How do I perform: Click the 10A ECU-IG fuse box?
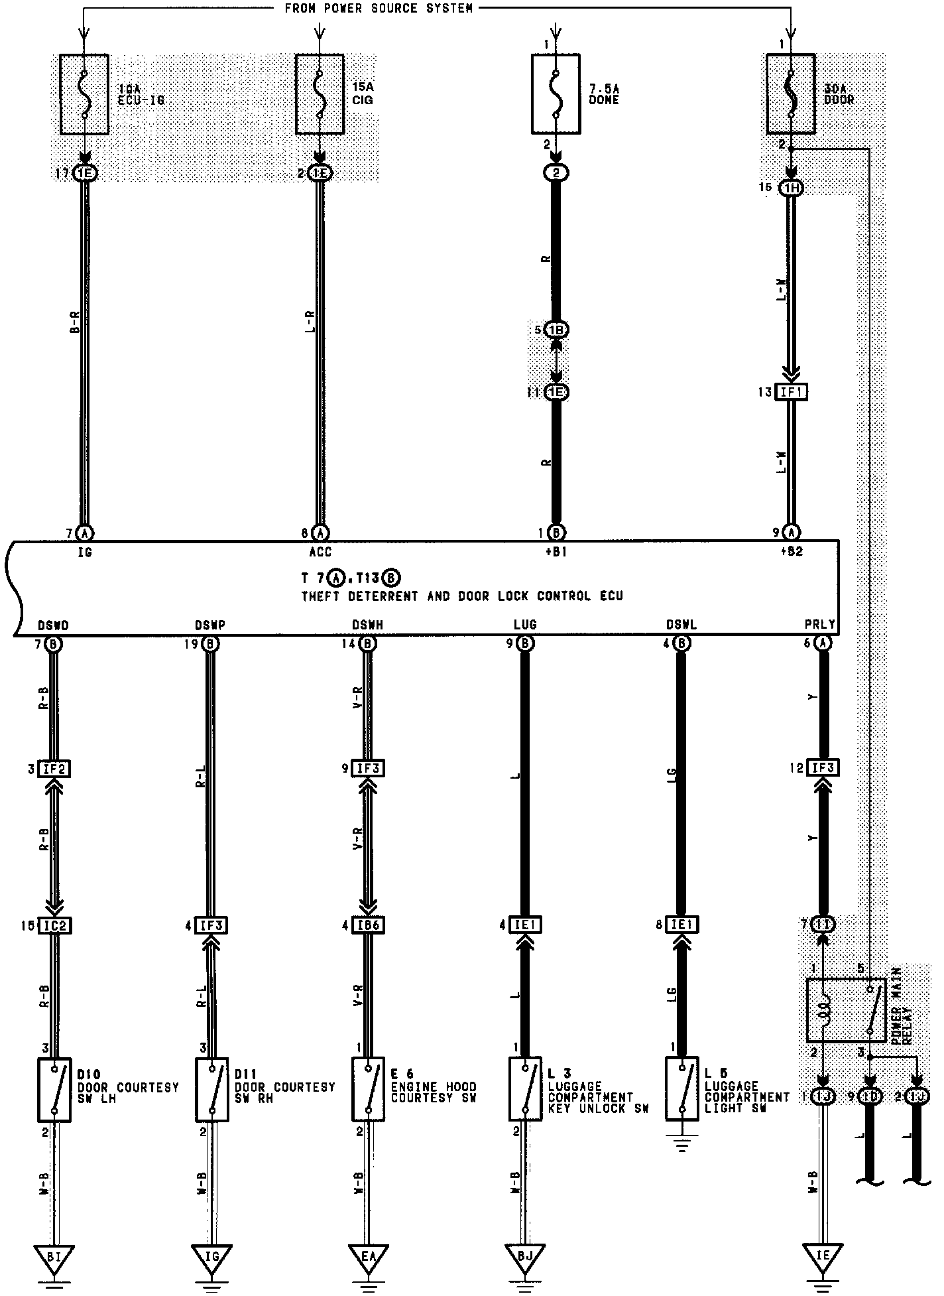(84, 94)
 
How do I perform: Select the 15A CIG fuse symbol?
(320, 94)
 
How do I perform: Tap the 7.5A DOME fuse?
(556, 94)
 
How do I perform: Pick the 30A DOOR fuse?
(791, 94)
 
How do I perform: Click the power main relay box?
(846, 1009)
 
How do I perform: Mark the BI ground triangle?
(54, 1256)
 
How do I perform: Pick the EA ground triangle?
(368, 1256)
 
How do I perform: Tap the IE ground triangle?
(823, 1256)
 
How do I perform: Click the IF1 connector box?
(792, 393)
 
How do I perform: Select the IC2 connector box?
(54, 925)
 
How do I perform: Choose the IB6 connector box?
(368, 925)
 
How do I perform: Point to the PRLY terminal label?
(820, 625)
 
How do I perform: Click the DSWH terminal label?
(367, 625)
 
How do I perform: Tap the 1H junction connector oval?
(792, 188)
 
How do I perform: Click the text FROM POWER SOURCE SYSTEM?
(379, 9)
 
